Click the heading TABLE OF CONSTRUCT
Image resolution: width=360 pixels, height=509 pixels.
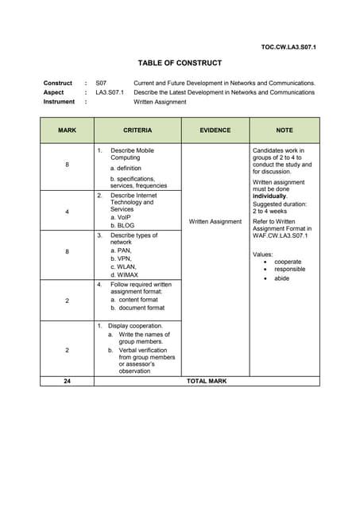coord(180,63)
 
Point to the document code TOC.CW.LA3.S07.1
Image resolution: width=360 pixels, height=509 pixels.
coord(288,48)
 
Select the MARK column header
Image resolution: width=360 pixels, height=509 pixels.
coord(67,130)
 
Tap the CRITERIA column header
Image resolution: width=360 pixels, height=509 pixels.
coord(137,130)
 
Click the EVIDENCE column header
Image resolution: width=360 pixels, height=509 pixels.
coord(215,130)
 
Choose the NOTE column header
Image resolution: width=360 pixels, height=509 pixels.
coord(285,130)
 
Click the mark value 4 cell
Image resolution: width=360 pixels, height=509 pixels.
coord(67,212)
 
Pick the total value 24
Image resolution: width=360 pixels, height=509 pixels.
coord(67,381)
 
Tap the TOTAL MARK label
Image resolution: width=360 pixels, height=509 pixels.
coord(207,381)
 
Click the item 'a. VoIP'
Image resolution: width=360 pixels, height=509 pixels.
coord(121,217)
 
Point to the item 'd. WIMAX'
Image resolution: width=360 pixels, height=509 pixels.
coord(124,274)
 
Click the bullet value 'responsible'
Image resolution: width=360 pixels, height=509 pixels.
coord(291,270)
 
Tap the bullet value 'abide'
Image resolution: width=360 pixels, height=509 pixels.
coord(282,278)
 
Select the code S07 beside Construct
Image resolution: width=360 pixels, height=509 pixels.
coord(101,83)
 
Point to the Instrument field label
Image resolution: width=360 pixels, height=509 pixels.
coord(60,102)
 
